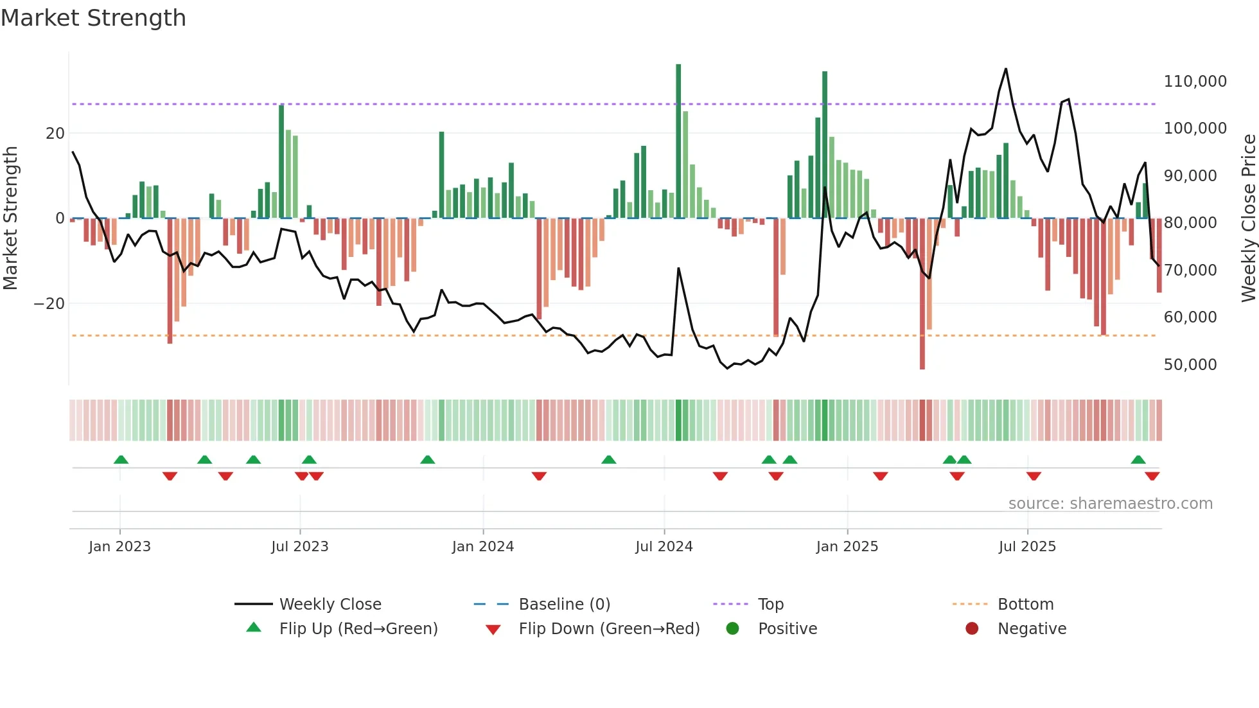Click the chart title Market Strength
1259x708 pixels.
point(93,18)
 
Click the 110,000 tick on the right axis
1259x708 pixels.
point(1195,82)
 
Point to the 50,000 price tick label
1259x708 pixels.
point(1190,365)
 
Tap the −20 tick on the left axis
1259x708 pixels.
point(49,304)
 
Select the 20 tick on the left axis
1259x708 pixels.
point(55,134)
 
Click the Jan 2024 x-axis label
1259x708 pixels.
point(482,547)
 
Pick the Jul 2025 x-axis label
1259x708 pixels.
point(1026,547)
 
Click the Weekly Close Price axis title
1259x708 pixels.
point(1248,218)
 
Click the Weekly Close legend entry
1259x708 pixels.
point(330,605)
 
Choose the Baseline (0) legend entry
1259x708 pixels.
point(564,605)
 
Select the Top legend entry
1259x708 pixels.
point(770,605)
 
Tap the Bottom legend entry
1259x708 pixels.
point(1025,605)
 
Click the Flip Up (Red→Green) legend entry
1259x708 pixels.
point(358,629)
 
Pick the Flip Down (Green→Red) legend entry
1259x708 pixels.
point(609,629)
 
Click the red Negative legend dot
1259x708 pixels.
point(972,629)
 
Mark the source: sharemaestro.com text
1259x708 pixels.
point(1110,504)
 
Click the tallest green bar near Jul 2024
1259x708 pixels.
point(678,141)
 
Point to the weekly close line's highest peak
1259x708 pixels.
point(1006,69)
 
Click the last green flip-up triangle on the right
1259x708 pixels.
point(1138,460)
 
